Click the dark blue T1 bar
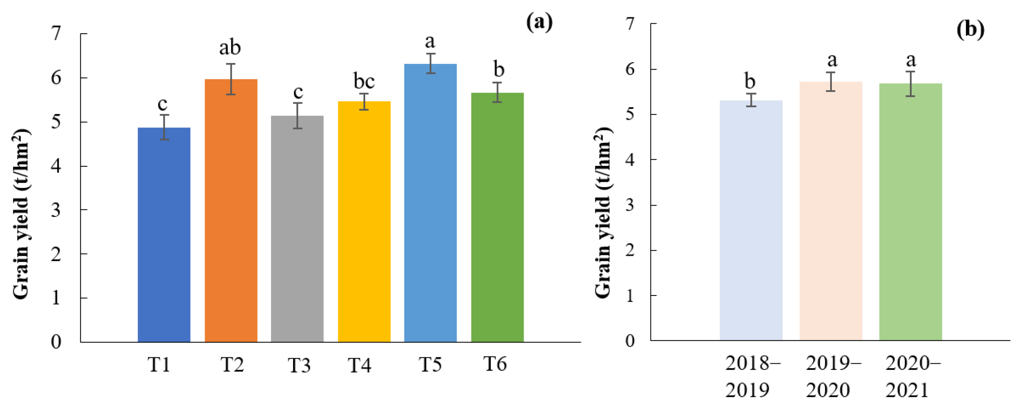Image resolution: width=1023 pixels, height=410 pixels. (x=164, y=235)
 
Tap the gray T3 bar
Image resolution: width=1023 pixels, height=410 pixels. (x=297, y=229)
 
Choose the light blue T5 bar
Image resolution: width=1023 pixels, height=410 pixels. (x=430, y=203)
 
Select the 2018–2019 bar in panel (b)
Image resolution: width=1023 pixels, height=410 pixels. (x=751, y=220)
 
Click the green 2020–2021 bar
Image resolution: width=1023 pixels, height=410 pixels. (x=911, y=212)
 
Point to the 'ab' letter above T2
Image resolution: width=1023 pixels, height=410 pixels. (x=230, y=48)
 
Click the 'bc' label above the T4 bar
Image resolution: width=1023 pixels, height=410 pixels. (x=364, y=81)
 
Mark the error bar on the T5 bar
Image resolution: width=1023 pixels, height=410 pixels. (x=430, y=64)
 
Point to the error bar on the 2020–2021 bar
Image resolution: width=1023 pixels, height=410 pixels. (x=911, y=84)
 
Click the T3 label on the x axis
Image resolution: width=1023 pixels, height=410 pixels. (x=299, y=366)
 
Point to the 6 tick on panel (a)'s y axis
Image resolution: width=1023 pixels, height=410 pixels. (x=56, y=78)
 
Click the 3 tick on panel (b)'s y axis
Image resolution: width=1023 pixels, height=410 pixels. (x=630, y=205)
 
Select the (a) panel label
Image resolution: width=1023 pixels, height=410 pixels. (x=539, y=22)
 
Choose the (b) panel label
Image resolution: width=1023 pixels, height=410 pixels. (x=970, y=29)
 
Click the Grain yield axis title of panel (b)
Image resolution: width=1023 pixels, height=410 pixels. (x=603, y=213)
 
